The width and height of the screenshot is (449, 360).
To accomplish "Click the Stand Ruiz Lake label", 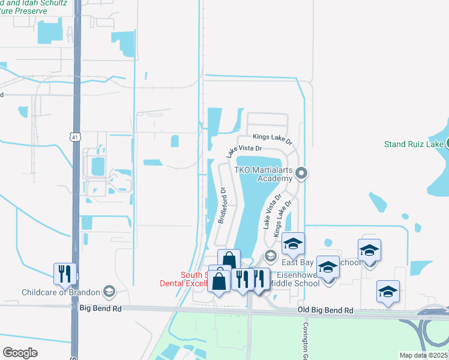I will click(414, 144).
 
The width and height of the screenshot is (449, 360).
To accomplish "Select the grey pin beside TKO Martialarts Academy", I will click(303, 173).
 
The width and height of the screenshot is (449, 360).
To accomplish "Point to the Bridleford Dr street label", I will click(221, 206).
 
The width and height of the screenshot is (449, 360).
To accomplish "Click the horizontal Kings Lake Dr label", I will click(272, 137).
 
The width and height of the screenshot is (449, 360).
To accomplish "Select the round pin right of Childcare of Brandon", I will click(109, 292).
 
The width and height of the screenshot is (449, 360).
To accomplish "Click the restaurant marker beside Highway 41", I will click(65, 273).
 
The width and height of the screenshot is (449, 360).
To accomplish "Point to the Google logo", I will click(20, 353).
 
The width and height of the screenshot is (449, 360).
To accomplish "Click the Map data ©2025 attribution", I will click(423, 355).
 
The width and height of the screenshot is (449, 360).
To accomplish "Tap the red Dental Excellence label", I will click(184, 280).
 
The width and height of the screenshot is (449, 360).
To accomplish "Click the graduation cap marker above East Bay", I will click(293, 243).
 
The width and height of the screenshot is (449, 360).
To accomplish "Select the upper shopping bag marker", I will click(229, 260).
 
